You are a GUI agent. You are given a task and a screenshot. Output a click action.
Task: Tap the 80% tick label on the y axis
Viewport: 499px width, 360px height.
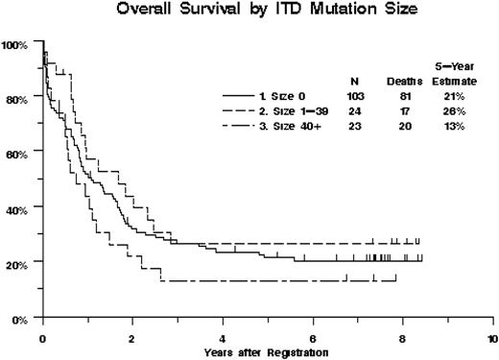click(17, 99)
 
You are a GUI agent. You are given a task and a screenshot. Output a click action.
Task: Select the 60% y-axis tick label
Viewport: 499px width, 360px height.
click(17, 153)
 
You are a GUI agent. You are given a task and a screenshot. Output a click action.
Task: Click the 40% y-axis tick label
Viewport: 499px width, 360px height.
click(17, 207)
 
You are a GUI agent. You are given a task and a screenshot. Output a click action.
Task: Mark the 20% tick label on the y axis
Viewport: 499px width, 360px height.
click(17, 261)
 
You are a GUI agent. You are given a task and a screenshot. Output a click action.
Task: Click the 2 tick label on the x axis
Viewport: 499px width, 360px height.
click(132, 339)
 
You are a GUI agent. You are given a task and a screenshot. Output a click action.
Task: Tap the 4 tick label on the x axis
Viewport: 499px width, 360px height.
click(223, 339)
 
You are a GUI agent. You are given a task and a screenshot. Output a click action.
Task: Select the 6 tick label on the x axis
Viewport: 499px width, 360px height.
click(313, 339)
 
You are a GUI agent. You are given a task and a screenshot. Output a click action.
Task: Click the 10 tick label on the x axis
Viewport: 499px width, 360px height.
click(491, 339)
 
